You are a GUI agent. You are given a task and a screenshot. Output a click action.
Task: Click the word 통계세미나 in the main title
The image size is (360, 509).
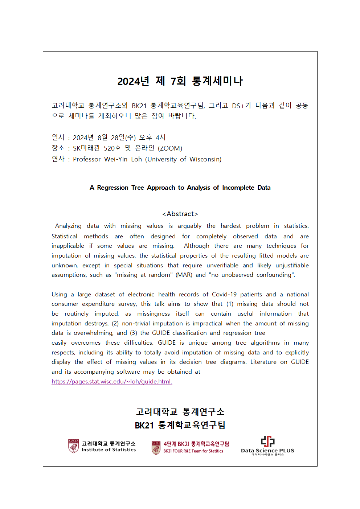click(x=217, y=81)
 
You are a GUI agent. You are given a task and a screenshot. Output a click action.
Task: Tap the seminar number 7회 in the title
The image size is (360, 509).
click(x=178, y=81)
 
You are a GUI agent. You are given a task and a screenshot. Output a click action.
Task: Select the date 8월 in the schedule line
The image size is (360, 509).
click(x=102, y=137)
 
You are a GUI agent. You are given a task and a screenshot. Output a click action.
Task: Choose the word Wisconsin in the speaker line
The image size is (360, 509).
click(x=205, y=159)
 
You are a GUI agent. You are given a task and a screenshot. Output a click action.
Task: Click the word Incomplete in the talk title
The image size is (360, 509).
click(x=238, y=188)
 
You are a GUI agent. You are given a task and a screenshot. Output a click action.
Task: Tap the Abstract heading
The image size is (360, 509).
click(x=180, y=214)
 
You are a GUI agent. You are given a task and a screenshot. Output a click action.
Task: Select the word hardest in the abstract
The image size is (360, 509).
click(x=230, y=226)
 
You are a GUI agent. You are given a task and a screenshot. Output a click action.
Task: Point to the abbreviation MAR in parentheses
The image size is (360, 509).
click(x=184, y=275)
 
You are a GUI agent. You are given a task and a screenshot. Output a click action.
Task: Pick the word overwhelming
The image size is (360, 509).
click(x=93, y=333)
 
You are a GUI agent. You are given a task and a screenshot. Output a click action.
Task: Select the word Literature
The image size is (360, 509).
click(x=263, y=362)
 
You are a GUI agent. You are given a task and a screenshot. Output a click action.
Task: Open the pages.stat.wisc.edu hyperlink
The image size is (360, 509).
click(x=112, y=381)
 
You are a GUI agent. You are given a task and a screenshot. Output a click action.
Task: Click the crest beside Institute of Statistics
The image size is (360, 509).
click(x=74, y=446)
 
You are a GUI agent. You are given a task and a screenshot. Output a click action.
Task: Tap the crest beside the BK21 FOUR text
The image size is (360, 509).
click(x=156, y=448)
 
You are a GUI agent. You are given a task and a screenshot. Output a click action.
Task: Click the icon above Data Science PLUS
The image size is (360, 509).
click(x=268, y=442)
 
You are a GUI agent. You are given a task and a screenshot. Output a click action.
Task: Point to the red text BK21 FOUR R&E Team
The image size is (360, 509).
click(x=193, y=451)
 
